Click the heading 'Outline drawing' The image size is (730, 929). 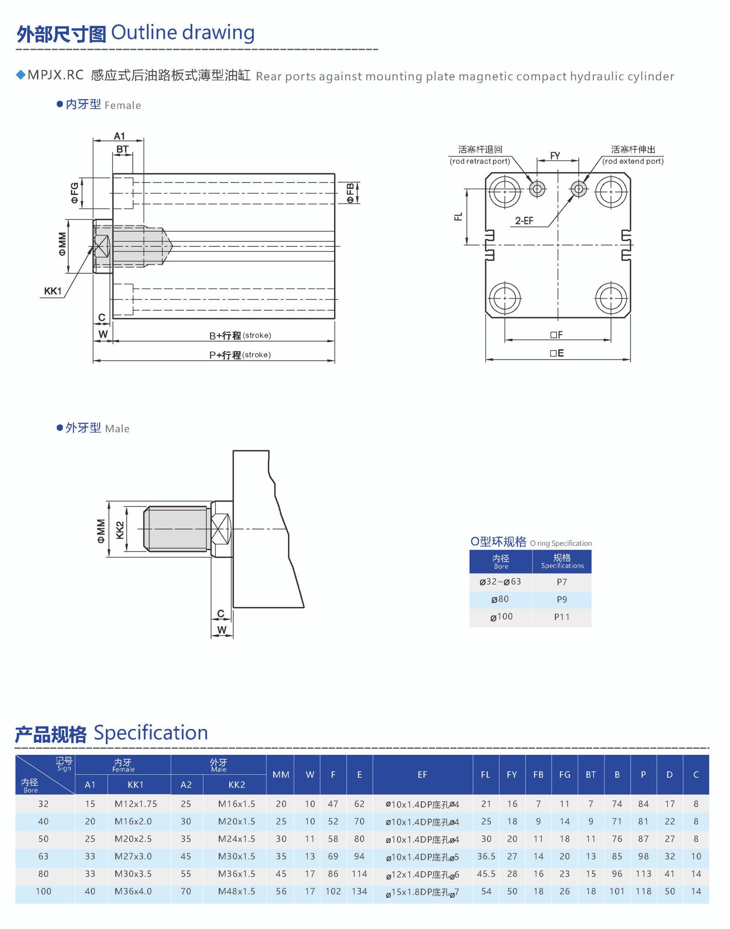tap(182, 33)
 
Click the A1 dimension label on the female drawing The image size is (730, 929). tap(119, 136)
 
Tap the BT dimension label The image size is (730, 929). tap(122, 149)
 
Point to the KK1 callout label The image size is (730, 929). tap(52, 291)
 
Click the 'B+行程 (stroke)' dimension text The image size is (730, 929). tap(240, 335)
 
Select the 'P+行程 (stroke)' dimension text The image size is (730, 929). tap(240, 355)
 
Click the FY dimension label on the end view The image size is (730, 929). tap(555, 156)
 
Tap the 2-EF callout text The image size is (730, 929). tap(524, 221)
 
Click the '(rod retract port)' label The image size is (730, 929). tap(480, 161)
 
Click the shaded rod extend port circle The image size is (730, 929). tap(579, 188)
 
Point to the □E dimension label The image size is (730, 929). tap(557, 353)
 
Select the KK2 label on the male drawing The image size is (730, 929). tap(120, 530)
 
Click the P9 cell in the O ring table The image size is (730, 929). tap(562, 600)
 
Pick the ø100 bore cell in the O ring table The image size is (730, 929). tap(501, 617)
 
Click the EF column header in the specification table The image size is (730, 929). tap(422, 774)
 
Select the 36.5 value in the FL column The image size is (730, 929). tap(486, 856)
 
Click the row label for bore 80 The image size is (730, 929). tap(43, 874)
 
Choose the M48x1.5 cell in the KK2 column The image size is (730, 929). tap(236, 891)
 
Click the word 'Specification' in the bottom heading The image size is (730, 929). tap(151, 733)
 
